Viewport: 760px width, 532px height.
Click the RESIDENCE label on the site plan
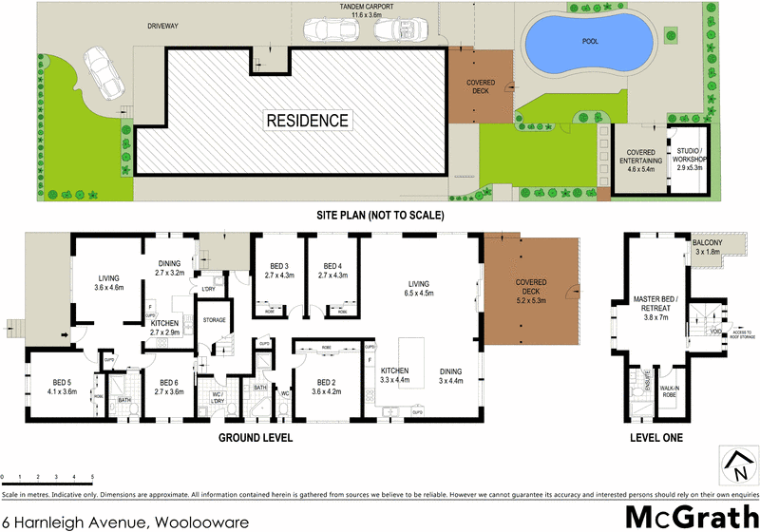[x=307, y=121]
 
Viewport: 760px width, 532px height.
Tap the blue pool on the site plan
[x=585, y=46]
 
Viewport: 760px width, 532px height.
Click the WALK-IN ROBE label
[x=672, y=389]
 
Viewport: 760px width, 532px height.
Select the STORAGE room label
[x=215, y=320]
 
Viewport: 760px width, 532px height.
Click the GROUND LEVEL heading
[x=256, y=438]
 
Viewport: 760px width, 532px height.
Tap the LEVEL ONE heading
[x=655, y=438]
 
